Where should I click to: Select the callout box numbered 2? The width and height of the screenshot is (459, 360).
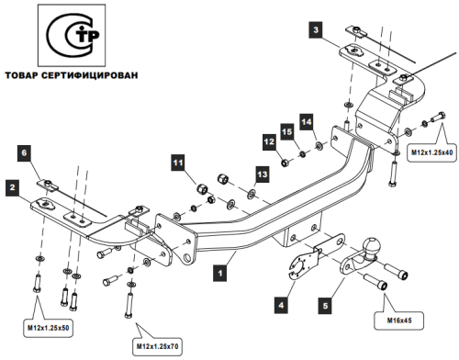[x=11, y=188]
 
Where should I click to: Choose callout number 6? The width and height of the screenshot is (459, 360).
[x=25, y=153]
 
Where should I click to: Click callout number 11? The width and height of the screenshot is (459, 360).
[x=178, y=163]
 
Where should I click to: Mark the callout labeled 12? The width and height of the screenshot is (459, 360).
[x=269, y=141]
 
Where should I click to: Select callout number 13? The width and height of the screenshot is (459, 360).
[x=262, y=174]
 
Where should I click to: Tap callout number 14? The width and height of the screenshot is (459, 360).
[x=308, y=121]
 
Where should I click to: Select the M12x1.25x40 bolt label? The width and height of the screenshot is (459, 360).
[x=431, y=150]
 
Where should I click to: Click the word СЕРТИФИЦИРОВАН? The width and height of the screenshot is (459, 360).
[x=95, y=75]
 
